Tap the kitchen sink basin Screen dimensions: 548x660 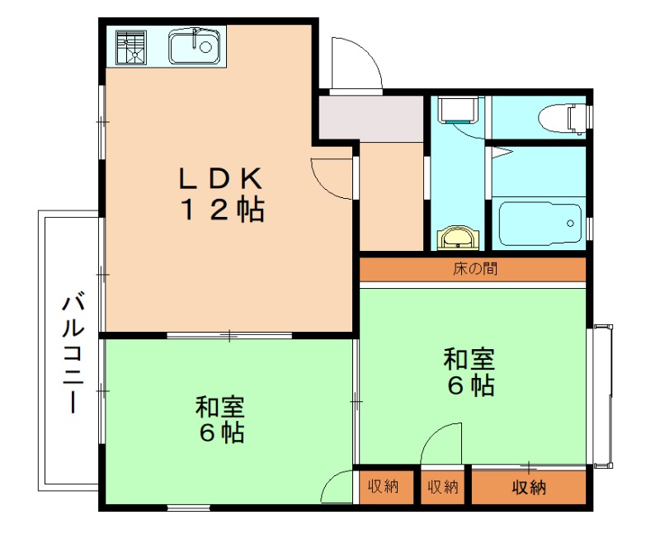196,47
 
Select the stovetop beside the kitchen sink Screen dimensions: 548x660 130,47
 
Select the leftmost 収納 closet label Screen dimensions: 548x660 384,487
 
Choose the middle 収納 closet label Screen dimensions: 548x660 442,487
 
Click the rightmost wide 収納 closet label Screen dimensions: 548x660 528,487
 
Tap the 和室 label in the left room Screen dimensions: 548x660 219,407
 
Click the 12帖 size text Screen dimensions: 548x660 222,210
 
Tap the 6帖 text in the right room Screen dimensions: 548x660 470,385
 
